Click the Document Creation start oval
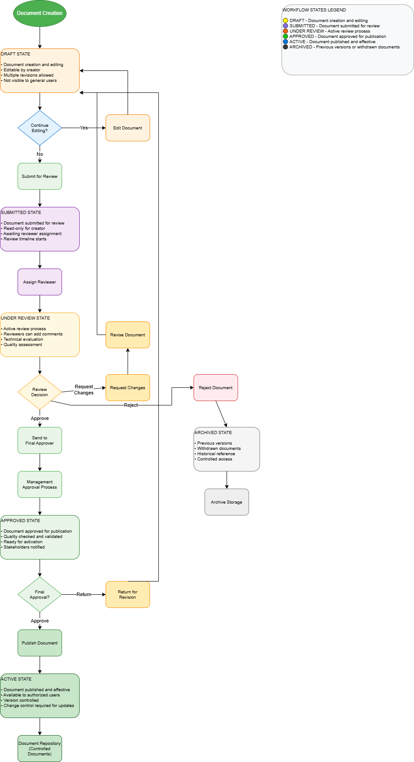point(40,13)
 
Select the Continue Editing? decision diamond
point(40,128)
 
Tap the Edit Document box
point(128,128)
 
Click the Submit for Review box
point(40,177)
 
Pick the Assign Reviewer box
point(40,282)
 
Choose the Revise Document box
point(128,335)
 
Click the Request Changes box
point(128,388)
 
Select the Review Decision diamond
point(40,392)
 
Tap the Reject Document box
point(216,388)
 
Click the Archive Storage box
point(227,502)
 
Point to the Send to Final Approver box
point(40,441)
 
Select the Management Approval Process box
point(40,485)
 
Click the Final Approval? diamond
point(40,595)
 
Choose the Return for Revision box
point(128,595)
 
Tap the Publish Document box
point(40,643)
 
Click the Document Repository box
point(40,749)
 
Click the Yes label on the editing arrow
point(84,128)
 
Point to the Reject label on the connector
point(131,405)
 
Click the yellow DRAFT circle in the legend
point(286,21)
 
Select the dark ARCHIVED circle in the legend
point(286,47)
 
